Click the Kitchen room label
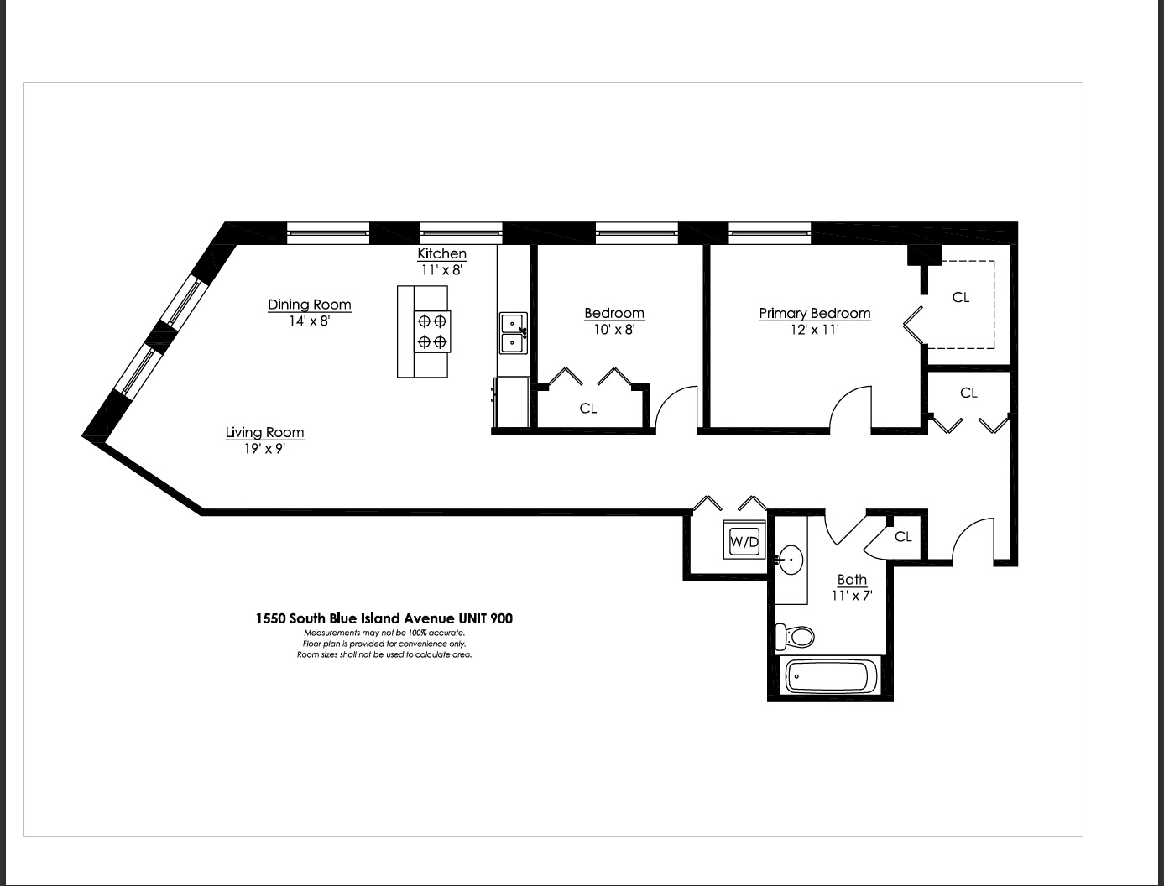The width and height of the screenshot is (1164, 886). pyautogui.click(x=441, y=253)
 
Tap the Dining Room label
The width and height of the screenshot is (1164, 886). pyautogui.click(x=309, y=305)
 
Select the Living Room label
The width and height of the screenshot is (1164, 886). pyautogui.click(x=264, y=432)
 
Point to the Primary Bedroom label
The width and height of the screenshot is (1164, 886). pyautogui.click(x=814, y=313)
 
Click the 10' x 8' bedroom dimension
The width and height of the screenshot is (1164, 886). pyautogui.click(x=613, y=330)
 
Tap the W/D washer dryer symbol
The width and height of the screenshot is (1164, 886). pyautogui.click(x=744, y=541)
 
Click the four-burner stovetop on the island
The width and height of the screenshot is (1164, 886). pyautogui.click(x=431, y=331)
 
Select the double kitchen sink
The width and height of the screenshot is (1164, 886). pyautogui.click(x=513, y=333)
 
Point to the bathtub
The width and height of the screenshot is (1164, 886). pyautogui.click(x=829, y=676)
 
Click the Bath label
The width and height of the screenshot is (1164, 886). pyautogui.click(x=852, y=579)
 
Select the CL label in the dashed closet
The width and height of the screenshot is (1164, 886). pyautogui.click(x=960, y=297)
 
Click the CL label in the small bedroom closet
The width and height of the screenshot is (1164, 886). pyautogui.click(x=587, y=409)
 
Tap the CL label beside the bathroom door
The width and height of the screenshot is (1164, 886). pyautogui.click(x=903, y=537)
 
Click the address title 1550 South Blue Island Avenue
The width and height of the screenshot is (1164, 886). pyautogui.click(x=384, y=618)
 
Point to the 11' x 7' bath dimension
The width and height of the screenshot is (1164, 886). pyautogui.click(x=852, y=596)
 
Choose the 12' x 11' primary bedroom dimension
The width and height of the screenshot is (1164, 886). pyautogui.click(x=814, y=330)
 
